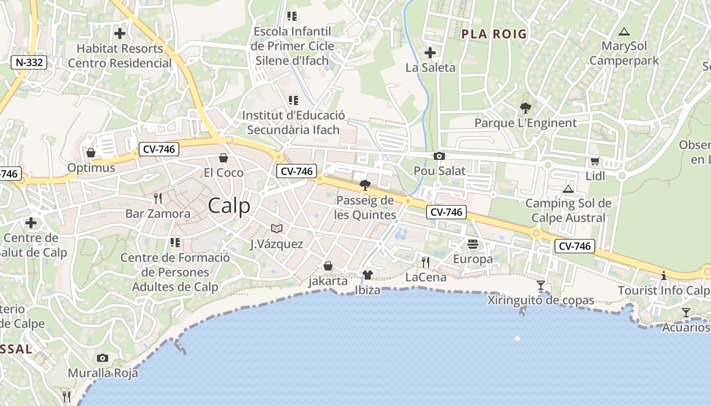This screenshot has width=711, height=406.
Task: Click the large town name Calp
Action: [229, 206]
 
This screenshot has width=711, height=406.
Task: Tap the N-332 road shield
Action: [29, 62]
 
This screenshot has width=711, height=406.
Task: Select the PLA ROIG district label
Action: [494, 34]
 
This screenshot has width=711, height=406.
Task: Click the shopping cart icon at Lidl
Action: [595, 161]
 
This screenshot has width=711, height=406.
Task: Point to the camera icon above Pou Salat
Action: [439, 156]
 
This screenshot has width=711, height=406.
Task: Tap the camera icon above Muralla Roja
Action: [103, 358]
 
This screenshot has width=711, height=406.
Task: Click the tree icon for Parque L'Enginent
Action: [526, 108]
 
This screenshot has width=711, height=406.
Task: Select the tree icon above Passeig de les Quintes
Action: [365, 185]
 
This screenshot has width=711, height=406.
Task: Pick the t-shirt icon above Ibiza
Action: [368, 275]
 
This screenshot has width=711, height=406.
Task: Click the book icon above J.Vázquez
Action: [276, 229]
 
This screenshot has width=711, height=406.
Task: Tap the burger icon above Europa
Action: [473, 244]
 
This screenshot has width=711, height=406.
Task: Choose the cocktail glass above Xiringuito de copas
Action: [541, 285]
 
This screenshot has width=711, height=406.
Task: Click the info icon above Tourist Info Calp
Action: [663, 276]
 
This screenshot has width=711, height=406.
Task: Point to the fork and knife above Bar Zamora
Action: [158, 198]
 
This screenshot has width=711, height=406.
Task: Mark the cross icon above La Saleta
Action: [430, 52]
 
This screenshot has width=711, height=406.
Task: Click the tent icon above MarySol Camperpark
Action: [624, 31]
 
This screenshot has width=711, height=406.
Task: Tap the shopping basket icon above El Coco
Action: [223, 158]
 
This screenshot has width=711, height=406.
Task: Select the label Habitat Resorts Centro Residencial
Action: [120, 56]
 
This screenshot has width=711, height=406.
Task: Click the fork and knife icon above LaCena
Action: [426, 262]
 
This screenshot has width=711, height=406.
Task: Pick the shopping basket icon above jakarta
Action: [328, 266]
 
